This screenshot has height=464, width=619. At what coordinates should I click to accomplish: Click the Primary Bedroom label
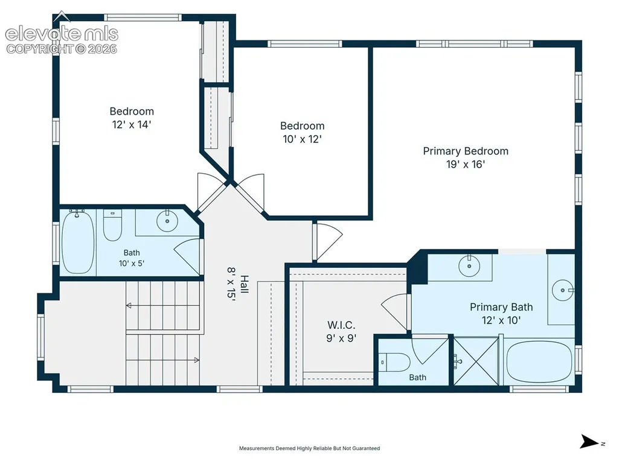tap(466, 151)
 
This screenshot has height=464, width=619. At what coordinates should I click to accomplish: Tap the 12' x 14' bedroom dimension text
tap(132, 125)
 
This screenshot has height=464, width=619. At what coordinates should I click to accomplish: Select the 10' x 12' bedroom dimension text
tap(302, 139)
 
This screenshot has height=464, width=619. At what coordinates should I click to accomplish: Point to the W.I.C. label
tap(341, 325)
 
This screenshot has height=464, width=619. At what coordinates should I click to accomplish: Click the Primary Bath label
tap(501, 307)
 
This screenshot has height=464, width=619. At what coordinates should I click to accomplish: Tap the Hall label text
tap(245, 284)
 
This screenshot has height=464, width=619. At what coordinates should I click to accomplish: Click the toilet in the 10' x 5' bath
tap(112, 225)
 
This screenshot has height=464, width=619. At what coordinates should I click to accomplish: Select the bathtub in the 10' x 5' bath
tap(78, 242)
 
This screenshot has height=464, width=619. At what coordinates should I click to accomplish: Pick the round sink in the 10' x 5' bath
tap(167, 221)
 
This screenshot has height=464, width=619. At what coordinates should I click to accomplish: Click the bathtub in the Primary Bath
tap(539, 362)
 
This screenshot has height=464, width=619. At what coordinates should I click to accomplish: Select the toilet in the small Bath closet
tap(395, 362)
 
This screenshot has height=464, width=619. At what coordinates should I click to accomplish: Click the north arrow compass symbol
tap(589, 442)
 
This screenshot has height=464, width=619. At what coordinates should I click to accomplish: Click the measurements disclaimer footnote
tap(309, 448)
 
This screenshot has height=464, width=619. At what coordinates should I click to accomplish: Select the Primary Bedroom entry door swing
tap(329, 241)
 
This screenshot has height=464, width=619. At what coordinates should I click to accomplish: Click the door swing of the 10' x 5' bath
tap(187, 256)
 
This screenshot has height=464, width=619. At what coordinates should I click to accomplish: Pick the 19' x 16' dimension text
tap(466, 165)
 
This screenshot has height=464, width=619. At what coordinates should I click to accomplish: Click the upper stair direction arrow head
tap(129, 305)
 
